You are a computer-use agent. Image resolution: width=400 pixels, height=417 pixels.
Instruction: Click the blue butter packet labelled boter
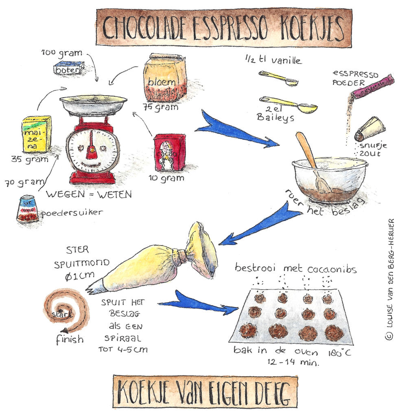pyautogui.click(x=69, y=68)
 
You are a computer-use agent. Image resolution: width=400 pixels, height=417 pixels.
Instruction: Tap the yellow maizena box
pyautogui.click(x=37, y=134)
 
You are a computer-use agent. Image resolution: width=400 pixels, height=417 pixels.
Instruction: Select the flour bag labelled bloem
pyautogui.click(x=164, y=78)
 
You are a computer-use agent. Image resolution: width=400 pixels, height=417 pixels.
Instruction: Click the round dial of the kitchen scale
pyautogui.click(x=92, y=151)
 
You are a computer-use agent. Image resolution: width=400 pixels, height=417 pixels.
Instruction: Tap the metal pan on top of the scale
pyautogui.click(x=93, y=103)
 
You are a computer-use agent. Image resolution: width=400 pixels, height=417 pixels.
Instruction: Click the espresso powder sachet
pyautogui.click(x=372, y=86)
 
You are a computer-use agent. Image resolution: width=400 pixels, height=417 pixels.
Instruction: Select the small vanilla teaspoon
pyautogui.click(x=279, y=78)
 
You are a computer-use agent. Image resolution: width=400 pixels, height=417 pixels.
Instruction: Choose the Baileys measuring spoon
pyautogui.click(x=289, y=104)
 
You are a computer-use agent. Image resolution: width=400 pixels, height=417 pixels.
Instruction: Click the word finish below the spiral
pyautogui.click(x=69, y=339)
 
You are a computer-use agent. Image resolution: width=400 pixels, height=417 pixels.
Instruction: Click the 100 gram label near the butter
pyautogui.click(x=61, y=53)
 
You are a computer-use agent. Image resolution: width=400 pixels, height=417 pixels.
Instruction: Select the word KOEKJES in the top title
pyautogui.click(x=312, y=28)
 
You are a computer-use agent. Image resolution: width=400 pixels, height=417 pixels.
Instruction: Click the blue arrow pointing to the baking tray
pyautogui.click(x=198, y=304)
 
